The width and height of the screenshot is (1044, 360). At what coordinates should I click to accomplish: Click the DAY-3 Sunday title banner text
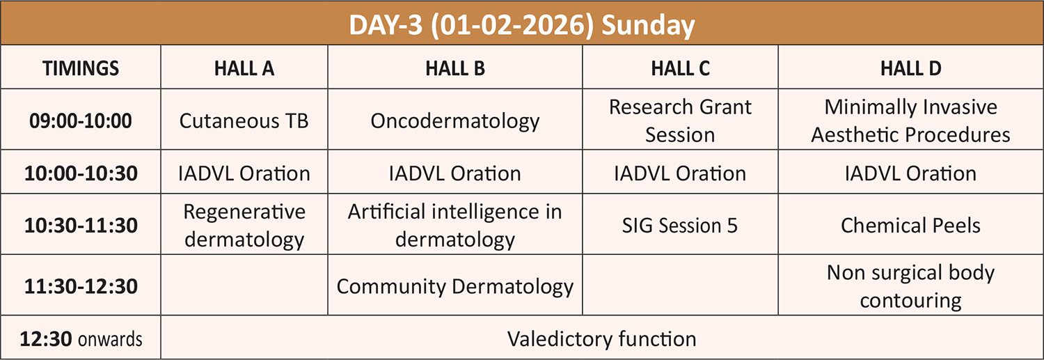[522, 25]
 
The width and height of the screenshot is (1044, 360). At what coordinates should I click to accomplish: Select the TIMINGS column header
[81, 68]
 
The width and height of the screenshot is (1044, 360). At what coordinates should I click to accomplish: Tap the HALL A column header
[244, 68]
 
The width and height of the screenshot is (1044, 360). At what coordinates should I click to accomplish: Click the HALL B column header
[455, 68]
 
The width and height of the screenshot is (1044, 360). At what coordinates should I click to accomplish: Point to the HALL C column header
[680, 68]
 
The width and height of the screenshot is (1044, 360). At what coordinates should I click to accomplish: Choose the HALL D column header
[910, 68]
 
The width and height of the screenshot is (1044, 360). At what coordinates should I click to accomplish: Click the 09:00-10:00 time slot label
[81, 120]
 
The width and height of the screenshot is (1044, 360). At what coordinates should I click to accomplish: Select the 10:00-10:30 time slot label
[81, 173]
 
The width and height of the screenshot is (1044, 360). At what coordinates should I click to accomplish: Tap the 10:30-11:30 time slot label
[81, 226]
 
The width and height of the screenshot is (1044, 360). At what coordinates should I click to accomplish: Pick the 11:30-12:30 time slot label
[81, 286]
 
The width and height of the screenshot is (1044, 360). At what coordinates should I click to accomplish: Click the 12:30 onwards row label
[81, 339]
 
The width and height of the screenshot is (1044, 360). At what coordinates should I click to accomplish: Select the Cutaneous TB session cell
[244, 120]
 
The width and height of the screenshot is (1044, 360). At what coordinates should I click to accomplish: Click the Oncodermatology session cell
[455, 121]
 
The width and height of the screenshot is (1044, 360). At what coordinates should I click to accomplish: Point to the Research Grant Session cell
[680, 120]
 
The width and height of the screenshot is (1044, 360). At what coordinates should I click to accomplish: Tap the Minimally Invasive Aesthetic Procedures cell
[910, 120]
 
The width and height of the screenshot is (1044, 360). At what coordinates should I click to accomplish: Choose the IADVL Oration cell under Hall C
[680, 173]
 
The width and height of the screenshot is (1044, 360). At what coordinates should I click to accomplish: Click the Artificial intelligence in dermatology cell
[455, 226]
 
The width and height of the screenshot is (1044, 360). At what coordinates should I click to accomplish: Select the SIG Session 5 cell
[680, 226]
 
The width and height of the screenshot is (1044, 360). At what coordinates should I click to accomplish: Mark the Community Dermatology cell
[455, 287]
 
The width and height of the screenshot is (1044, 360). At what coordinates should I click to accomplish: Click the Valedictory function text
[602, 339]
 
